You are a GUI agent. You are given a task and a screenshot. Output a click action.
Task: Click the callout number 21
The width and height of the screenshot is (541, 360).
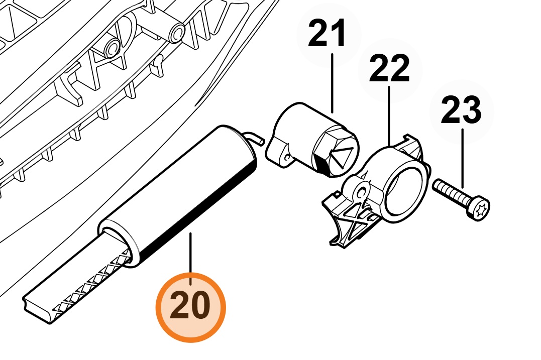coord(327,33)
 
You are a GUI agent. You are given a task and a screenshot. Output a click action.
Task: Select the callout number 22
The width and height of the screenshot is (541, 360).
coord(389,68)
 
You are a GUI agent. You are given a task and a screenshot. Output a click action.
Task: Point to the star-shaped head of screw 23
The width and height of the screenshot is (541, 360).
coord(479,207)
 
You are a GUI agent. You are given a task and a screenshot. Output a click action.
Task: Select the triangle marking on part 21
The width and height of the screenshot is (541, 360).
coord(342,158)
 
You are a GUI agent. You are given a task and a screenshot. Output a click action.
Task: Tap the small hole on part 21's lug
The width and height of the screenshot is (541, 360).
coord(286,157)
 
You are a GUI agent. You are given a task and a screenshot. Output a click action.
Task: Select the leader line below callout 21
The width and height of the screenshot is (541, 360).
coord(332,83)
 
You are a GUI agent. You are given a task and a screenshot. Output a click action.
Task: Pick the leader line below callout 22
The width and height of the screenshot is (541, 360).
coord(389,115)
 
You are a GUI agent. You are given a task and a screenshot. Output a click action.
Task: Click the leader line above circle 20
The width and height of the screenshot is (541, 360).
coord(190,259)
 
